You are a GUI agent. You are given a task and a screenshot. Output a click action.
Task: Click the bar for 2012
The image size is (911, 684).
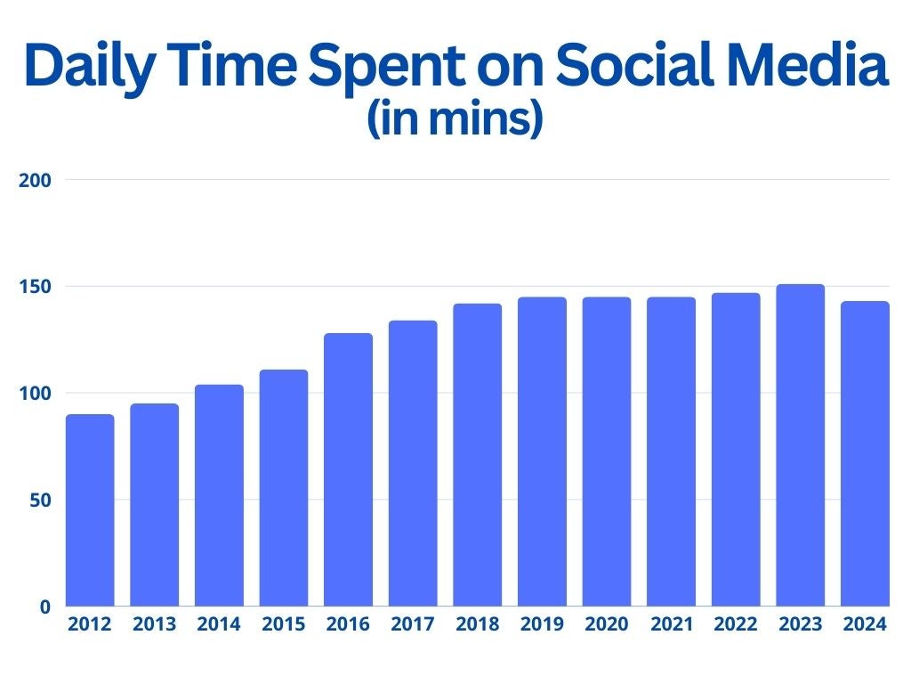(x=90, y=510)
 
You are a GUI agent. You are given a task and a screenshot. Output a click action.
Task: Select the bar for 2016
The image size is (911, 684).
(x=348, y=469)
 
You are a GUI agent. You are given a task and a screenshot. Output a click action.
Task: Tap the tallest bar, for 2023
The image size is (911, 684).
(x=800, y=445)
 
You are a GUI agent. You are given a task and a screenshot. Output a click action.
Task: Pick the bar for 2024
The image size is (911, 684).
(x=865, y=453)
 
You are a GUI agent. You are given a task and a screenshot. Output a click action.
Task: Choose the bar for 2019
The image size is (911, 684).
(x=542, y=452)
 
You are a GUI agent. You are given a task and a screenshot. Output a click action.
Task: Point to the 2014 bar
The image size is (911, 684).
(x=219, y=495)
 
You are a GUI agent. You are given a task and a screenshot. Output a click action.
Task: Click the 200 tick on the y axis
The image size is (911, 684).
(x=35, y=180)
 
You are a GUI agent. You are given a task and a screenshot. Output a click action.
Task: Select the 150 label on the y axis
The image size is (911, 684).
(x=35, y=287)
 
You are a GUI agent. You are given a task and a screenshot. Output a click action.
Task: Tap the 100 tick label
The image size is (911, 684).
(x=35, y=393)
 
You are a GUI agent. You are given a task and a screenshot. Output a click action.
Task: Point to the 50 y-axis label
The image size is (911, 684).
(x=40, y=501)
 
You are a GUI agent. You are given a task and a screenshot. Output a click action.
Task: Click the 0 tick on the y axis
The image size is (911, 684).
(x=45, y=607)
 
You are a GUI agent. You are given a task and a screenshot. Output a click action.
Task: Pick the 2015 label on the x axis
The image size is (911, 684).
(x=284, y=624)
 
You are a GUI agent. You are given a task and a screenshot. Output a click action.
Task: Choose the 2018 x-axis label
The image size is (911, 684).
(x=478, y=624)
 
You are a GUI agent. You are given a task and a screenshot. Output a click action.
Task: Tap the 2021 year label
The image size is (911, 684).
(x=672, y=624)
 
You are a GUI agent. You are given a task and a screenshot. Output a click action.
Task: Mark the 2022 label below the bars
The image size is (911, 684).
(x=736, y=624)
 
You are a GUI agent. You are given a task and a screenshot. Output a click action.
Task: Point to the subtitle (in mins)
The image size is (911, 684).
(x=455, y=118)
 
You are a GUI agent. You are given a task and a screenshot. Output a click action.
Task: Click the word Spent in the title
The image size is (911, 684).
(x=386, y=67)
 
